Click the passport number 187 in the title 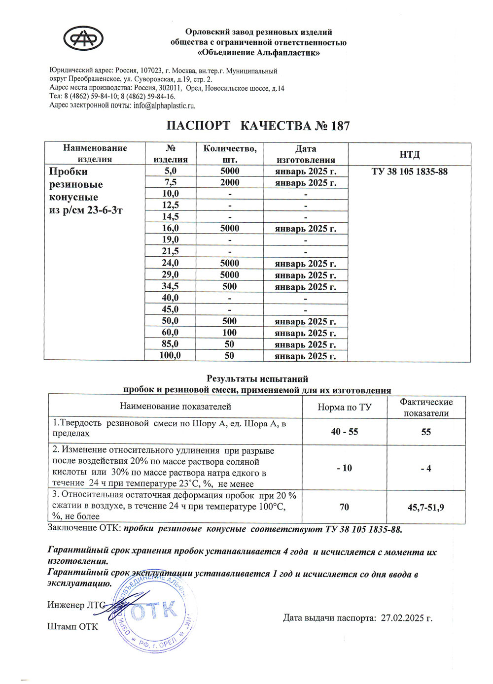(340, 126)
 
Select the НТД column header (409, 154)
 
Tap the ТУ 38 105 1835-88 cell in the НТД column (409, 171)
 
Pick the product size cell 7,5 (171, 182)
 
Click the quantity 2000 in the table (230, 182)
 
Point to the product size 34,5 (171, 286)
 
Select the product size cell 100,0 (171, 355)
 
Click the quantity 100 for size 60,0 (230, 333)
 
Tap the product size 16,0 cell (171, 228)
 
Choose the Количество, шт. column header (230, 154)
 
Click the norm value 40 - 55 (345, 432)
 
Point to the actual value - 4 (426, 468)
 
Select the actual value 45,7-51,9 (426, 507)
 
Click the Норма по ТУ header (345, 407)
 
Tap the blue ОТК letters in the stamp (154, 612)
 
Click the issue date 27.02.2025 (407, 618)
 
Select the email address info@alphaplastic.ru (165, 105)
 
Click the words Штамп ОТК (72, 627)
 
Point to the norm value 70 (345, 507)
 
